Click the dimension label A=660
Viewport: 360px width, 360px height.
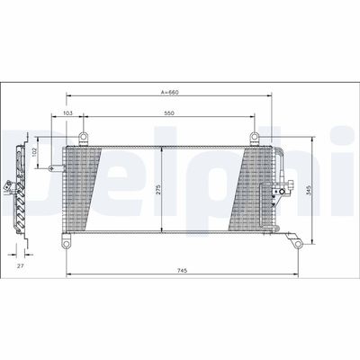[172, 91]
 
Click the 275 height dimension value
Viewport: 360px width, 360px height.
[157, 190]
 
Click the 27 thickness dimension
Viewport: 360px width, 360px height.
[20, 267]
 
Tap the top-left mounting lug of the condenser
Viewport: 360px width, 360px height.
[84, 137]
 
